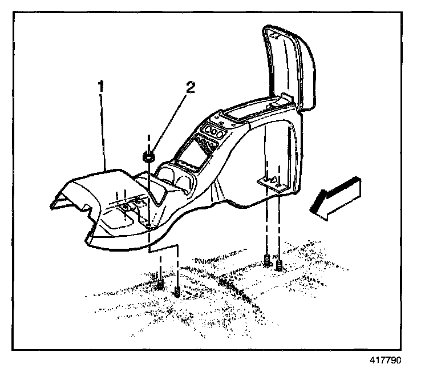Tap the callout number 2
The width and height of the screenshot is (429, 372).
pyautogui.click(x=191, y=87)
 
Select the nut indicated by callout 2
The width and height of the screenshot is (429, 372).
pyautogui.click(x=149, y=156)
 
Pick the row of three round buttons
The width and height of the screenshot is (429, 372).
pyautogui.click(x=212, y=134)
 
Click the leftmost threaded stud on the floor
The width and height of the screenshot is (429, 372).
pyautogui.click(x=160, y=282)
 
